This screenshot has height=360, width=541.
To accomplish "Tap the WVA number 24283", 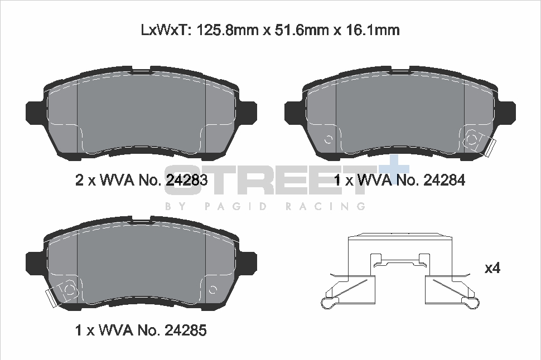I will tap(187, 180).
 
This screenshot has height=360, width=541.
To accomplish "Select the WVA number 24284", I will tap(445, 180).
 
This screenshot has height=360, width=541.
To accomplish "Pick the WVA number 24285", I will tap(186, 330).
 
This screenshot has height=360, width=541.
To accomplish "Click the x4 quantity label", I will tap(492, 268).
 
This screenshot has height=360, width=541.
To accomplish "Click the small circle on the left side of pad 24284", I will tap(329, 139).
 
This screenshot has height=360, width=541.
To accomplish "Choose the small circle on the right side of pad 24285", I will tap(212, 289).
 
